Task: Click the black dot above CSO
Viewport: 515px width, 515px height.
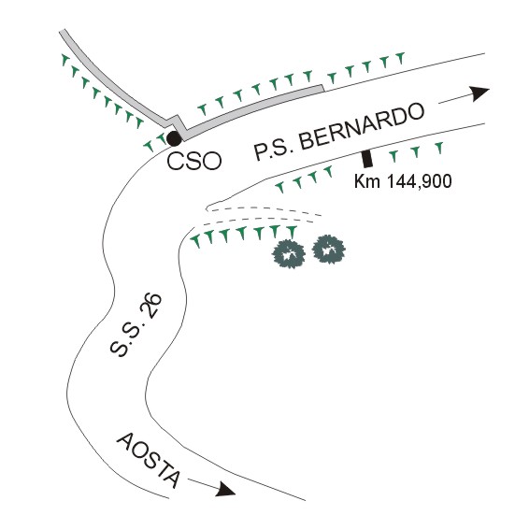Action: click(174, 138)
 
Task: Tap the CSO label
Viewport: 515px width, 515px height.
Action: click(193, 161)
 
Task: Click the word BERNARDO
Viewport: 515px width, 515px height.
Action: click(362, 127)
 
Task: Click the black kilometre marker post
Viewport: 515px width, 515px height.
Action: click(367, 159)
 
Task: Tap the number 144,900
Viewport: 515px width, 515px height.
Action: click(419, 181)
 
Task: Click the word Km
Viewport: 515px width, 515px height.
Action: click(366, 181)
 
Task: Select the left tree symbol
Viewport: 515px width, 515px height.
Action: click(289, 254)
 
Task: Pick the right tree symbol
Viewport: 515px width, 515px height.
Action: click(328, 250)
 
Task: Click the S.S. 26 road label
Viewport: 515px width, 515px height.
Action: click(136, 325)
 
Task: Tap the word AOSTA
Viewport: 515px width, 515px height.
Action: click(149, 461)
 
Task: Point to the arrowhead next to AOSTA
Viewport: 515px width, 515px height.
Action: click(226, 489)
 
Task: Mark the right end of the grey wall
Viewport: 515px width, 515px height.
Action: click(322, 88)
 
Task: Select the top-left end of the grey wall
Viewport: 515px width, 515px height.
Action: click(62, 32)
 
